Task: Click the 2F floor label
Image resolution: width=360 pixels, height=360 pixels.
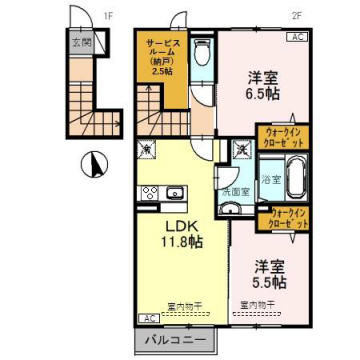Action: point(296,15)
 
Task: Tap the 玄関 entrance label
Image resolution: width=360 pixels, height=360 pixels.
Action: point(79,43)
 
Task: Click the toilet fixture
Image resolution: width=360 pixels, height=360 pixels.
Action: point(201,52)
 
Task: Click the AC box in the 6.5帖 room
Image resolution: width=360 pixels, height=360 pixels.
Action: point(297,37)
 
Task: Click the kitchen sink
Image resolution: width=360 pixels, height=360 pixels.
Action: point(172,191)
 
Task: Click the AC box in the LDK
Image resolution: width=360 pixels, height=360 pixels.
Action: point(146,318)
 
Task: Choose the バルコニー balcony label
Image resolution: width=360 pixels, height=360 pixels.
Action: point(166,341)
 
